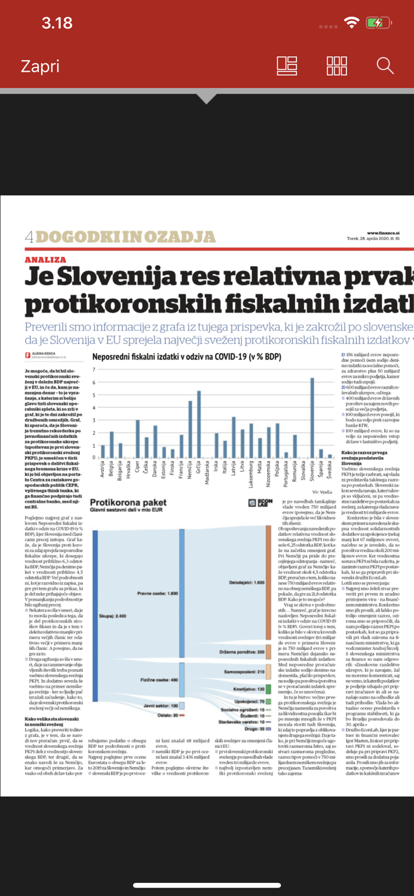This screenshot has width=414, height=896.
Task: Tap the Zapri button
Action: [x=40, y=66]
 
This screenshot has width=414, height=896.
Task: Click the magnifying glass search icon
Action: [x=385, y=66]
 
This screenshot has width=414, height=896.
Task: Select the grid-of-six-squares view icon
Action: [x=337, y=66]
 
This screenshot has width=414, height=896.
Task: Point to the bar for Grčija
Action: [x=199, y=424]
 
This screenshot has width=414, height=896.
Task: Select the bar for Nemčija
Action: [x=190, y=429]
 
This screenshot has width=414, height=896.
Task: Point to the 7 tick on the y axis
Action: [x=94, y=370]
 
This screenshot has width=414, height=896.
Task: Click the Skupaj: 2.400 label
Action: [x=112, y=615]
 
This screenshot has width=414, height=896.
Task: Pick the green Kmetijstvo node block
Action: [x=268, y=689]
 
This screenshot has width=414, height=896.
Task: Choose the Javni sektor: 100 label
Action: [x=160, y=705]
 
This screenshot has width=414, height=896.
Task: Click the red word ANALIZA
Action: [x=45, y=260]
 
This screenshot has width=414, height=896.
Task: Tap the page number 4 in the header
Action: [x=29, y=237]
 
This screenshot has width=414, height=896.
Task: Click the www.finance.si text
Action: [x=383, y=233]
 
